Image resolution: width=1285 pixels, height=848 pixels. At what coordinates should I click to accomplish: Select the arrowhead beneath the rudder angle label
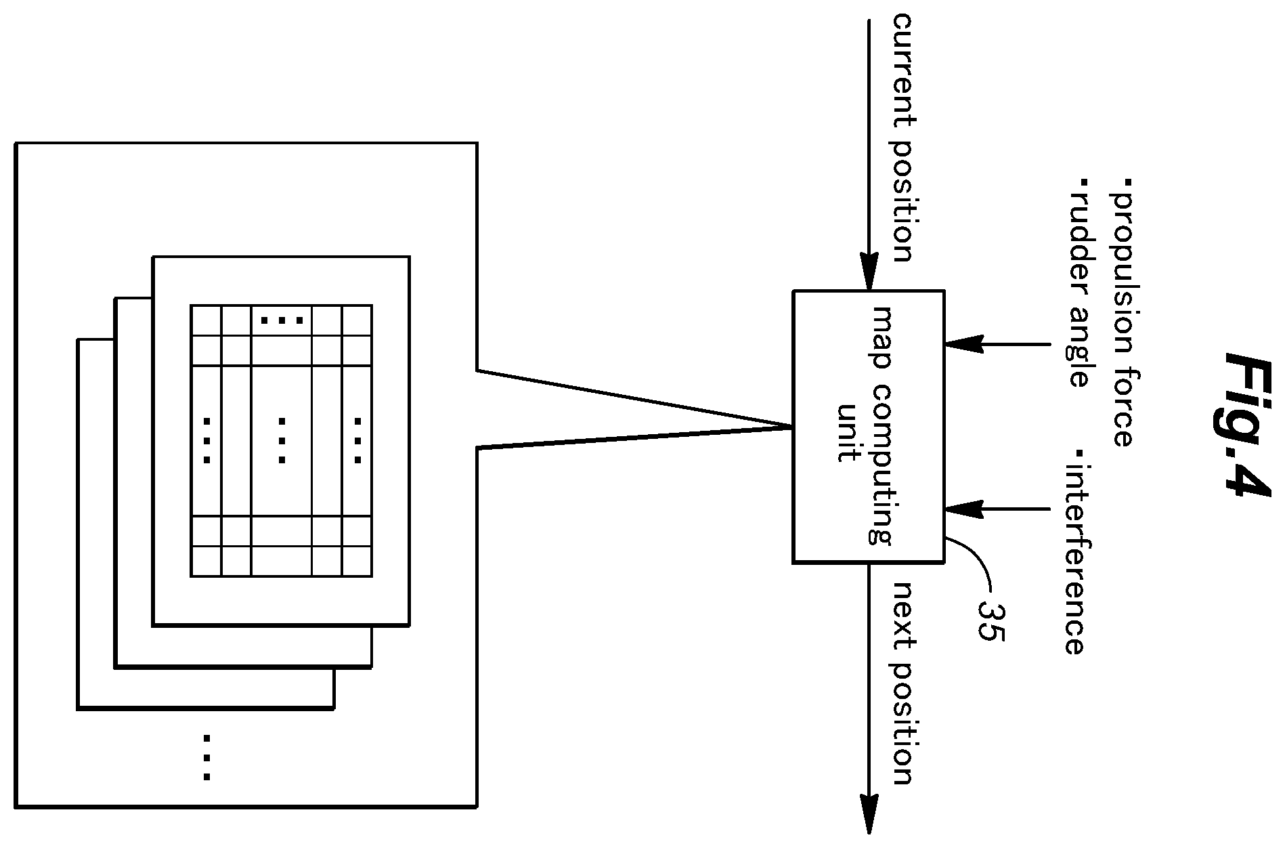click(x=963, y=344)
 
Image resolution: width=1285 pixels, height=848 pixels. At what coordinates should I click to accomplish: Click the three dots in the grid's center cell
click(x=282, y=441)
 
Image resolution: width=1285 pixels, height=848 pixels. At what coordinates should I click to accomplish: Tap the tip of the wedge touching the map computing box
click(x=793, y=427)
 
